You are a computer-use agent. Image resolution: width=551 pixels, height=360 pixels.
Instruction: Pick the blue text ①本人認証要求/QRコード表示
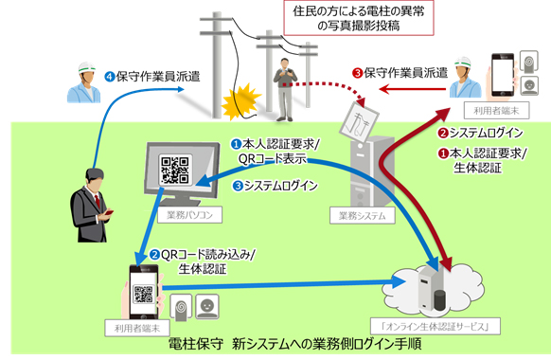279,151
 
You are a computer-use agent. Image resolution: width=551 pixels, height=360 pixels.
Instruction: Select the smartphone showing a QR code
144,291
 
